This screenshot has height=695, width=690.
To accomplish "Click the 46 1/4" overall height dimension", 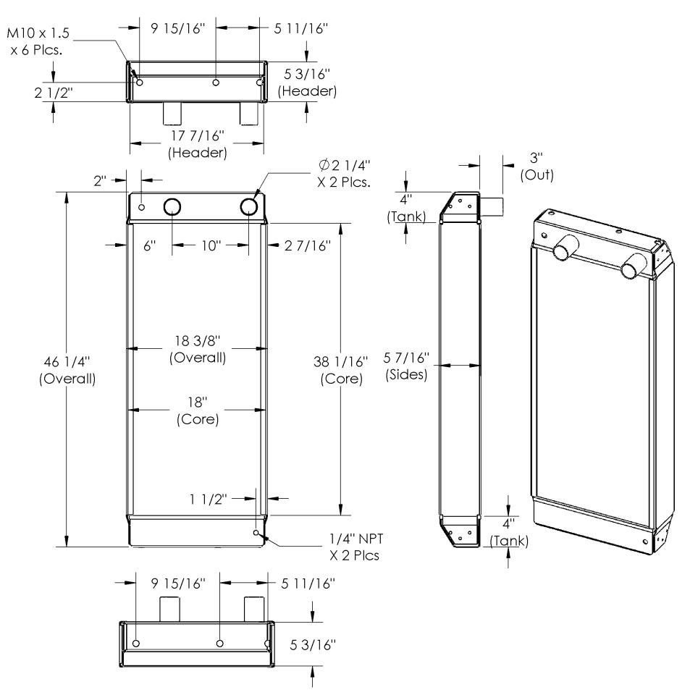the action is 67,370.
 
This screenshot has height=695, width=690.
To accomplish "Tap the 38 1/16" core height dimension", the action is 341,370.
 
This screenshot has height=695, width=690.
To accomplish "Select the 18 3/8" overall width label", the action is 198,349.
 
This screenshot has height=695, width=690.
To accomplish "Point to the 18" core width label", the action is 198,410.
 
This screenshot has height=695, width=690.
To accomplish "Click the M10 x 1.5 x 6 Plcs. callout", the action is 38,41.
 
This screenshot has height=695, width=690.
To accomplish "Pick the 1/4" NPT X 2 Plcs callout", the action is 355,547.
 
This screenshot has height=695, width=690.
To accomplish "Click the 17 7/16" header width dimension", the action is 198,143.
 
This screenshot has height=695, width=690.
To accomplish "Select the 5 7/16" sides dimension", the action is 406,366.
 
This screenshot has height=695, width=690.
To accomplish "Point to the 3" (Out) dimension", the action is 537,167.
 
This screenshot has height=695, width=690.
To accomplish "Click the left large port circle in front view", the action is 172,206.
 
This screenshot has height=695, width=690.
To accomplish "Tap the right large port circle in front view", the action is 248,206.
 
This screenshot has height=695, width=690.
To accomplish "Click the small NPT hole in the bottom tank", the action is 256,532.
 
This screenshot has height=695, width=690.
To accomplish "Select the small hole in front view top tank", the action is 142,207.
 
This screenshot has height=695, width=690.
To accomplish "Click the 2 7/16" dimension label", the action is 308,245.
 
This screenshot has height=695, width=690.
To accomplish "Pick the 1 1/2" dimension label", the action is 209,499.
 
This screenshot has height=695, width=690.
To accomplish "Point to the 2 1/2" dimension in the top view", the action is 54,93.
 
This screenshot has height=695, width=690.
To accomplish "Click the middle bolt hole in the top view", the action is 216,83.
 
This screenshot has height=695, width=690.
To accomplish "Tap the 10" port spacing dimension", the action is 211,245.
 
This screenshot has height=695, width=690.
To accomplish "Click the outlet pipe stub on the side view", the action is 492,206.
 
